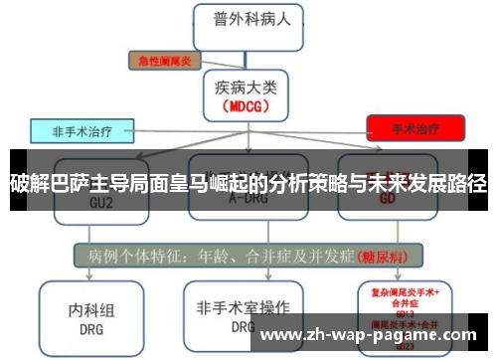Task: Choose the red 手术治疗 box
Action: coord(414,128)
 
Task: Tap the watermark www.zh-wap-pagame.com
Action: coord(373,335)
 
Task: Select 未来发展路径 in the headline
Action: coord(432,183)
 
